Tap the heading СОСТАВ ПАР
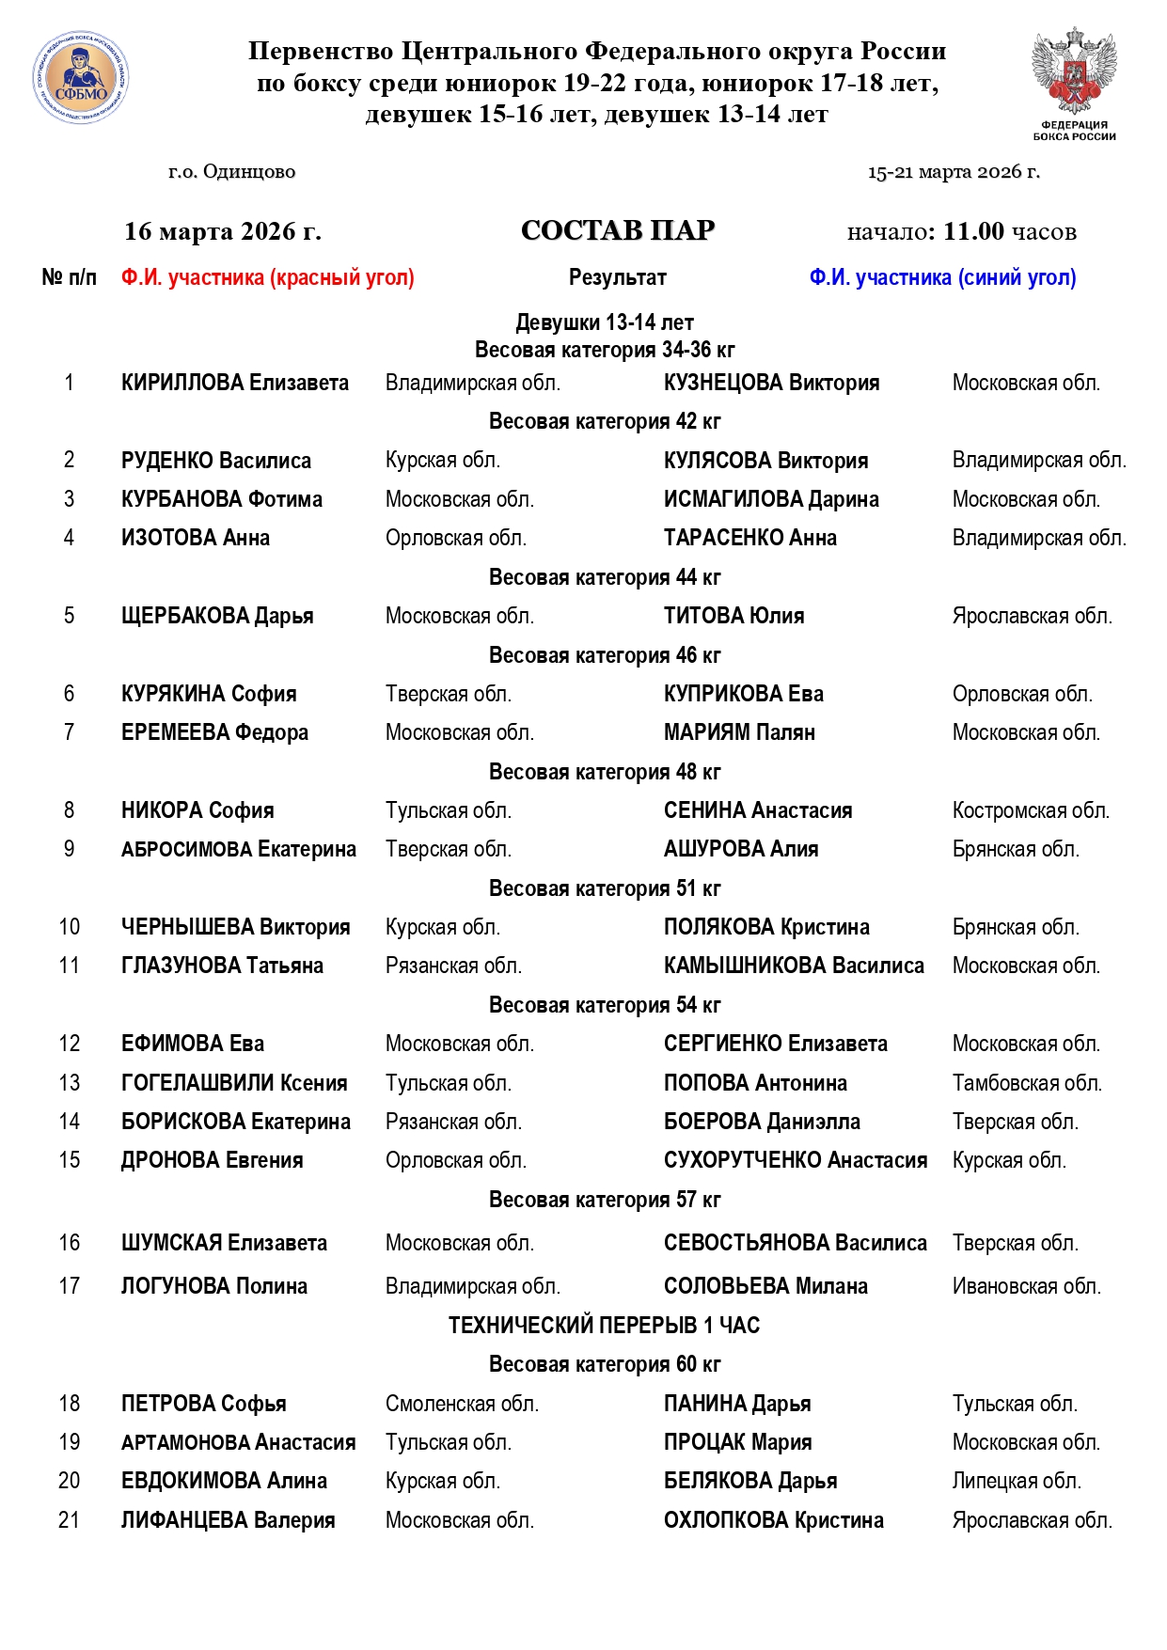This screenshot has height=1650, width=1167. coord(618,230)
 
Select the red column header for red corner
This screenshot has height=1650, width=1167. coord(267,277)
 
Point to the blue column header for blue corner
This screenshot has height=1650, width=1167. coord(942,277)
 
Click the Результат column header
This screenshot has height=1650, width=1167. coord(618,277)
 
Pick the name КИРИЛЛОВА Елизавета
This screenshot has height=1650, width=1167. coord(235,383)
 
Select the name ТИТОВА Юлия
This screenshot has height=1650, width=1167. coord(733,616)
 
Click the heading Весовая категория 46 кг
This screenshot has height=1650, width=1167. coord(605,655)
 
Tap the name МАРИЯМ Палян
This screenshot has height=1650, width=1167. coord(739,732)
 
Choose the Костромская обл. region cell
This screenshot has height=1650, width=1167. coord(1031,810)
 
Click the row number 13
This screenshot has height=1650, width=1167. coord(70,1083)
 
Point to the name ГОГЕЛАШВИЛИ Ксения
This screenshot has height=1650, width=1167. coord(234,1083)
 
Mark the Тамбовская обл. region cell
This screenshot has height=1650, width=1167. coord(1027,1083)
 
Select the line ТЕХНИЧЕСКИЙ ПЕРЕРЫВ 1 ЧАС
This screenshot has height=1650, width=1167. coord(604,1326)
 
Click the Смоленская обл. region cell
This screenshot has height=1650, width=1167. coord(462,1404)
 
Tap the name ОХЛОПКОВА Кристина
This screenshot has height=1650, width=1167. coord(773,1520)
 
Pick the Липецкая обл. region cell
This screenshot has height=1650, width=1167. coord(1017,1481)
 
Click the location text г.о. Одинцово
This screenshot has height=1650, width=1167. coord(231,172)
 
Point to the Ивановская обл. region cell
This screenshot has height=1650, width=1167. coord(1026,1286)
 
